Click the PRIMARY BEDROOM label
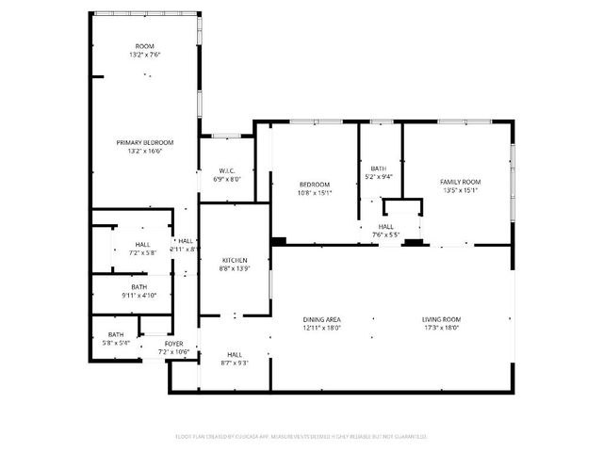tap(145, 142)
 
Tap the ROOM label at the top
tap(145, 46)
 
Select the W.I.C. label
tap(227, 170)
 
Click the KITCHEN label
tap(234, 260)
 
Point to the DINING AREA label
tap(321, 320)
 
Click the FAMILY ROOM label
tap(461, 182)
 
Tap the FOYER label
tap(174, 344)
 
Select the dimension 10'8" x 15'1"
tap(315, 192)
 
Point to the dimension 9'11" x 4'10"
tap(139, 296)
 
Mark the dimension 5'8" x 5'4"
tap(115, 343)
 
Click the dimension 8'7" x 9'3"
tap(235, 363)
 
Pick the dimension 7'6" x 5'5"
tap(386, 234)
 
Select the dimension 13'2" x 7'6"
tap(145, 55)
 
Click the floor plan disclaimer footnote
tap(301, 436)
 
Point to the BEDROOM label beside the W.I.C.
tap(315, 184)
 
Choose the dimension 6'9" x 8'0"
tap(227, 179)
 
